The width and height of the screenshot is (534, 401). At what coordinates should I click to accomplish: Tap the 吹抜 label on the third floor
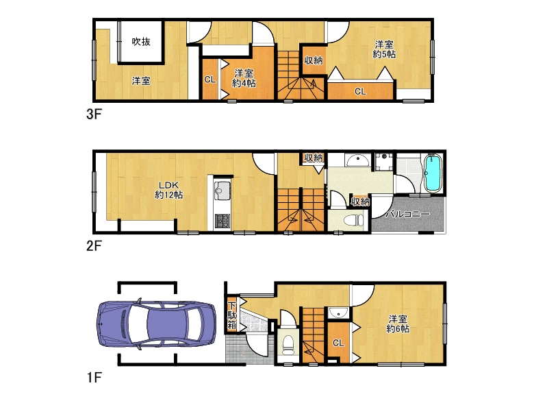click(x=142, y=42)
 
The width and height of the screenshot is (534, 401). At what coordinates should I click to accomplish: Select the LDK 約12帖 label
click(x=168, y=190)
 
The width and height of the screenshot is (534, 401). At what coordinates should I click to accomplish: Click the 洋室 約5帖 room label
click(x=383, y=49)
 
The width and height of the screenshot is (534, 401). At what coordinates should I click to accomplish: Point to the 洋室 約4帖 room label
click(x=244, y=78)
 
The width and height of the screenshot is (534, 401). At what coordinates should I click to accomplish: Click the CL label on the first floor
click(x=338, y=343)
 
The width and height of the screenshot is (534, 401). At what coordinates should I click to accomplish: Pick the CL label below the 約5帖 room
click(x=359, y=90)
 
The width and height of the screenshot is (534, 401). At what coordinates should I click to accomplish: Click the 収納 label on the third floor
click(x=314, y=61)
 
